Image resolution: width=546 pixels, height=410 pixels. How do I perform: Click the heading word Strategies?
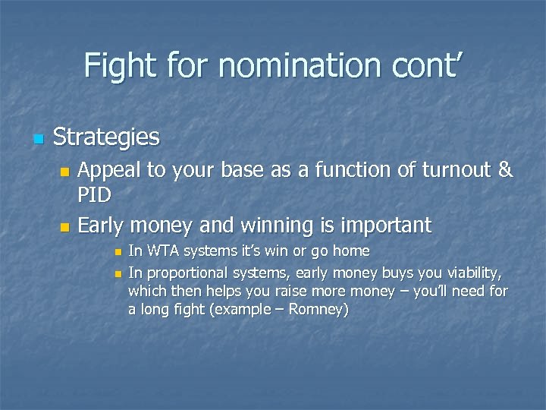[x=106, y=137]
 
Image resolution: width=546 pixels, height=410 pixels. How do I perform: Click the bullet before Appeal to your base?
[x=64, y=172]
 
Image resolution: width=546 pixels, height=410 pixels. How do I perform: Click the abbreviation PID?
[x=95, y=195]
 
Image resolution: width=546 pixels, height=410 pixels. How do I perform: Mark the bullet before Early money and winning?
[x=64, y=227]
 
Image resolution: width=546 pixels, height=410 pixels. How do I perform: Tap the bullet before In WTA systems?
[x=117, y=252]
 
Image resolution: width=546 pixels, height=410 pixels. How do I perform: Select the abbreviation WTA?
[x=161, y=251]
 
